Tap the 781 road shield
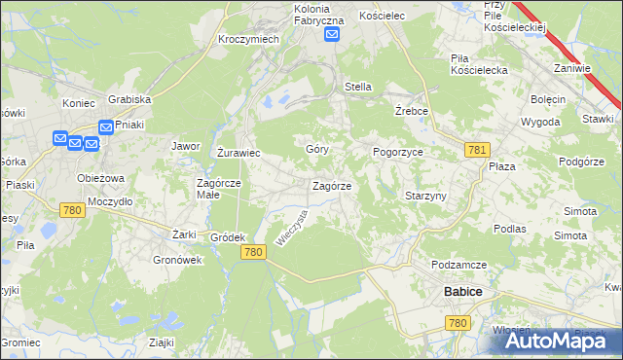coord(477,149)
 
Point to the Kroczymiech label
coord(249,38)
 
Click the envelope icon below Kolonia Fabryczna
coord(332,34)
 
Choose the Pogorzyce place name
coord(398,153)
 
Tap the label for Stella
coord(358,87)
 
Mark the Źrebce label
coord(413,111)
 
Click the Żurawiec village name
coord(238,153)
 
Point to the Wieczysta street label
coord(291,228)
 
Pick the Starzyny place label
coord(425,196)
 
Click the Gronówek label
coord(177,260)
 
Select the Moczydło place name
coord(109,200)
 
